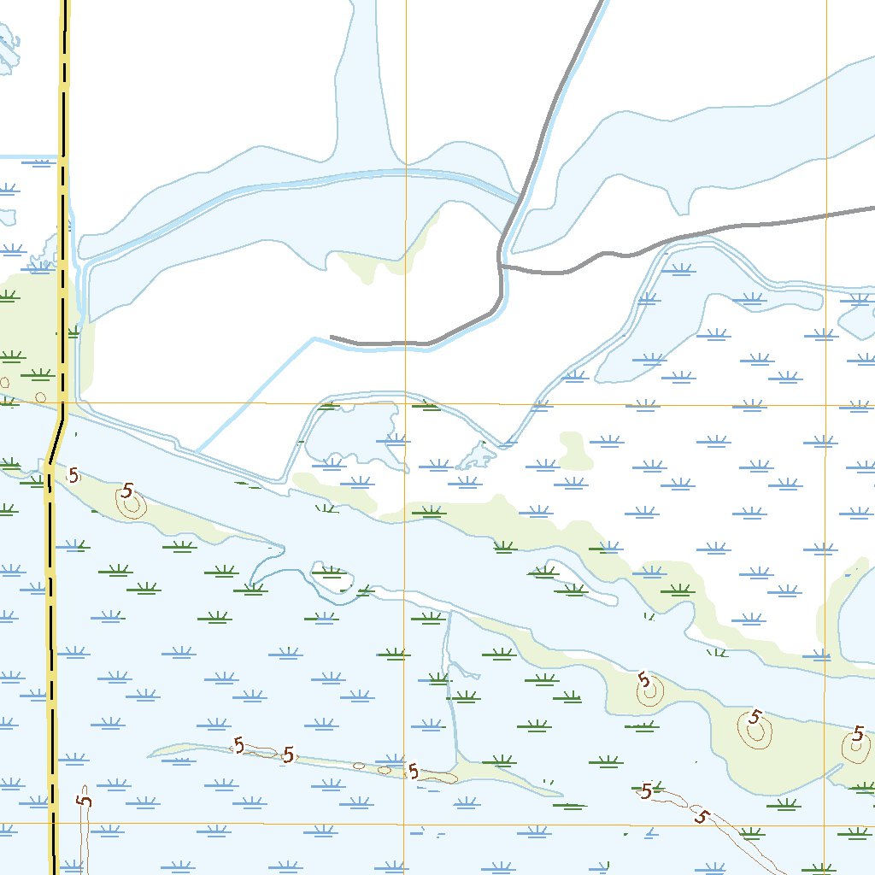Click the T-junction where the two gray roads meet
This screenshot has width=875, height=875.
click(500, 266)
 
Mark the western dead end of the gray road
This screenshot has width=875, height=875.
click(332, 338)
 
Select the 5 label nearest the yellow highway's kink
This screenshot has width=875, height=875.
click(74, 475)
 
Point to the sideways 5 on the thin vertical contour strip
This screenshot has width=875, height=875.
click(84, 801)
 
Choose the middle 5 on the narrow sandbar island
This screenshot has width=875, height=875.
click(289, 755)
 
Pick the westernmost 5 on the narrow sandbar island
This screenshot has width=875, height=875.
click(238, 746)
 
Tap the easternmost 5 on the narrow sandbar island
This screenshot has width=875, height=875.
click(414, 772)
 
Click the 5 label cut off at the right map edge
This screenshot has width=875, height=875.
click(859, 733)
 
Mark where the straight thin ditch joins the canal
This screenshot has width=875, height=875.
click(196, 451)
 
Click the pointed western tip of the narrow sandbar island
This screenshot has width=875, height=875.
click(150, 755)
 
